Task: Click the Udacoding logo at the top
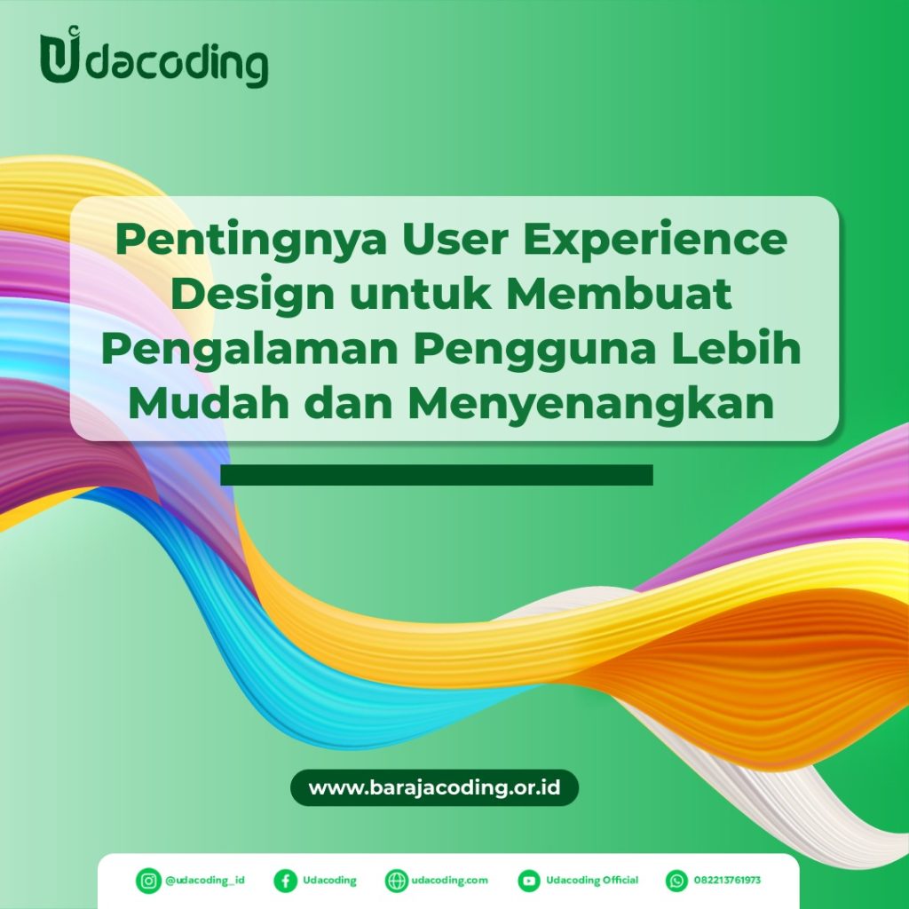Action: point(154,61)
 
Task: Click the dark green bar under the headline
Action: point(436,475)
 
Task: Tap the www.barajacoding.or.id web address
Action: point(434,787)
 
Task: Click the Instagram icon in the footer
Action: point(147,881)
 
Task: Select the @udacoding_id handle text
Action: point(204,881)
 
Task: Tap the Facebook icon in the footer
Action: point(285,881)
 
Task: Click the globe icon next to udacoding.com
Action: point(396,881)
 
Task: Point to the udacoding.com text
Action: point(450,881)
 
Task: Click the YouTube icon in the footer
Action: point(529,881)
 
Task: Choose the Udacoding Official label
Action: point(592,881)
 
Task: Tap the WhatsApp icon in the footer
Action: point(676,881)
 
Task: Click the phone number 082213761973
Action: point(729,881)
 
